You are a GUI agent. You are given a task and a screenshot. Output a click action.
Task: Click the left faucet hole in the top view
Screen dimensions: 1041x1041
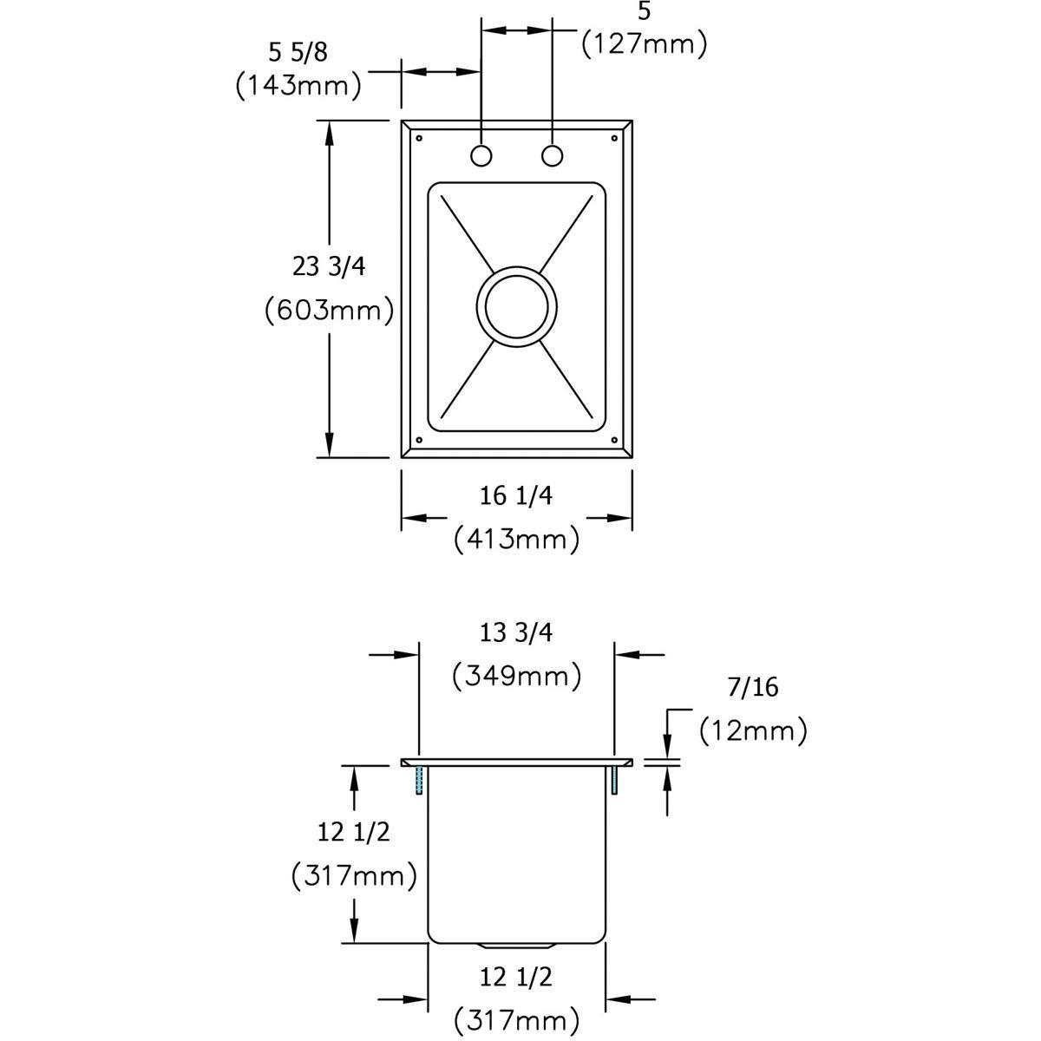click(x=481, y=155)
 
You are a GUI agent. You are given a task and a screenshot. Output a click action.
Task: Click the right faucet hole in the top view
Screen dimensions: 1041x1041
click(x=552, y=155)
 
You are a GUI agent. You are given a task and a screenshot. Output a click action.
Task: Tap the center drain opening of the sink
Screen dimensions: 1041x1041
click(x=516, y=306)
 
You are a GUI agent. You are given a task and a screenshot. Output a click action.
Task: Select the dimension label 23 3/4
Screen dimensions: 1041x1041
click(x=329, y=267)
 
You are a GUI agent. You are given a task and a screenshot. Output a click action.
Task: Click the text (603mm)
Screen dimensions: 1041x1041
click(x=329, y=311)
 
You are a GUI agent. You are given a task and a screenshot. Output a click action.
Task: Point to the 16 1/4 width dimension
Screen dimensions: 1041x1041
click(x=516, y=496)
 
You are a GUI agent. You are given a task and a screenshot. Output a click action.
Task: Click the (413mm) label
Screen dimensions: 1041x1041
click(x=516, y=539)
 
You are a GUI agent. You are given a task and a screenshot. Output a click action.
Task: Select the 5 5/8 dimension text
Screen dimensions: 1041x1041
click(x=298, y=52)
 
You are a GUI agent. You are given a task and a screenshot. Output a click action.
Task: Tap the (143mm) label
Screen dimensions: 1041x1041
click(x=298, y=85)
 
